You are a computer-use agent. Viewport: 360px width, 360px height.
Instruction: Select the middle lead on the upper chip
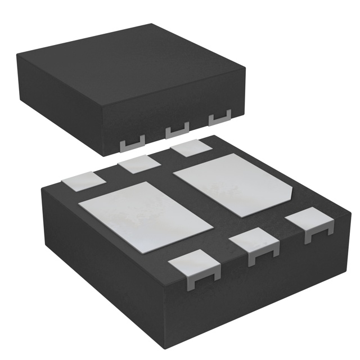tap(177, 131)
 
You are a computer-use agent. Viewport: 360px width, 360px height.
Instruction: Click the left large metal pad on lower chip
tap(146, 215)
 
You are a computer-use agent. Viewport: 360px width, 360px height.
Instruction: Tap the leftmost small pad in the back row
tap(84, 182)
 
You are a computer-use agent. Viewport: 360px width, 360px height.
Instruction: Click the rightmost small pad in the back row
tap(191, 149)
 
